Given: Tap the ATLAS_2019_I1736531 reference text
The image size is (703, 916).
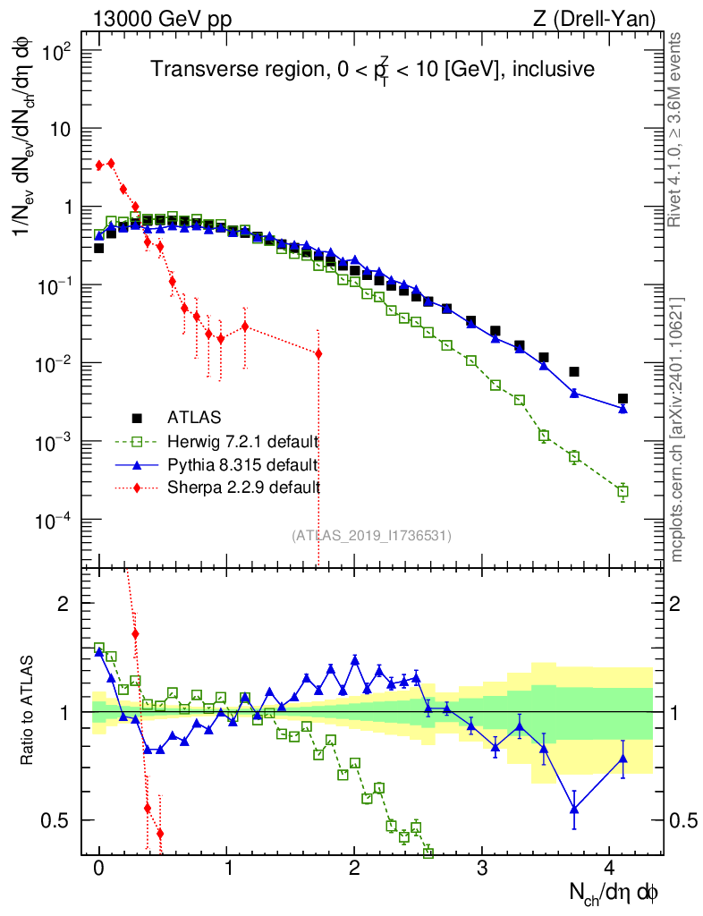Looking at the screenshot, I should pos(371,536).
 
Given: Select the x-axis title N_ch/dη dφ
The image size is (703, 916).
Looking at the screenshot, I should pos(615,891).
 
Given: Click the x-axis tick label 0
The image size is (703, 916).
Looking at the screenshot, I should pos(99,869).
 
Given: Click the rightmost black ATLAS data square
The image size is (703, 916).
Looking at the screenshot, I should pos(623,399).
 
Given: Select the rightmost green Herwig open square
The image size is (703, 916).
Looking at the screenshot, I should pos(623,491).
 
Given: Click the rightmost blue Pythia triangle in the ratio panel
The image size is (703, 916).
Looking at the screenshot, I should pos(623,759).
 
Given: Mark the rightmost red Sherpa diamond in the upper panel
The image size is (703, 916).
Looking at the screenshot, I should pos(318,353).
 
